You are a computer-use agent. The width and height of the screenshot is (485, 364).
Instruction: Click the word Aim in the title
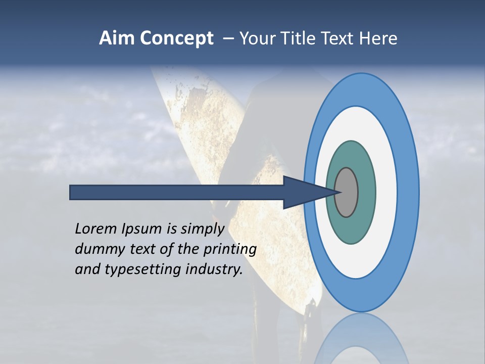[x=116, y=38]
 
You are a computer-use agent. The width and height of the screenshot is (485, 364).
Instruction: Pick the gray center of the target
[x=347, y=192]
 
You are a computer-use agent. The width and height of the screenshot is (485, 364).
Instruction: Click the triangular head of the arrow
[x=303, y=192]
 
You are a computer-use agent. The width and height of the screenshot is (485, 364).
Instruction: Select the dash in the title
[x=228, y=39]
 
